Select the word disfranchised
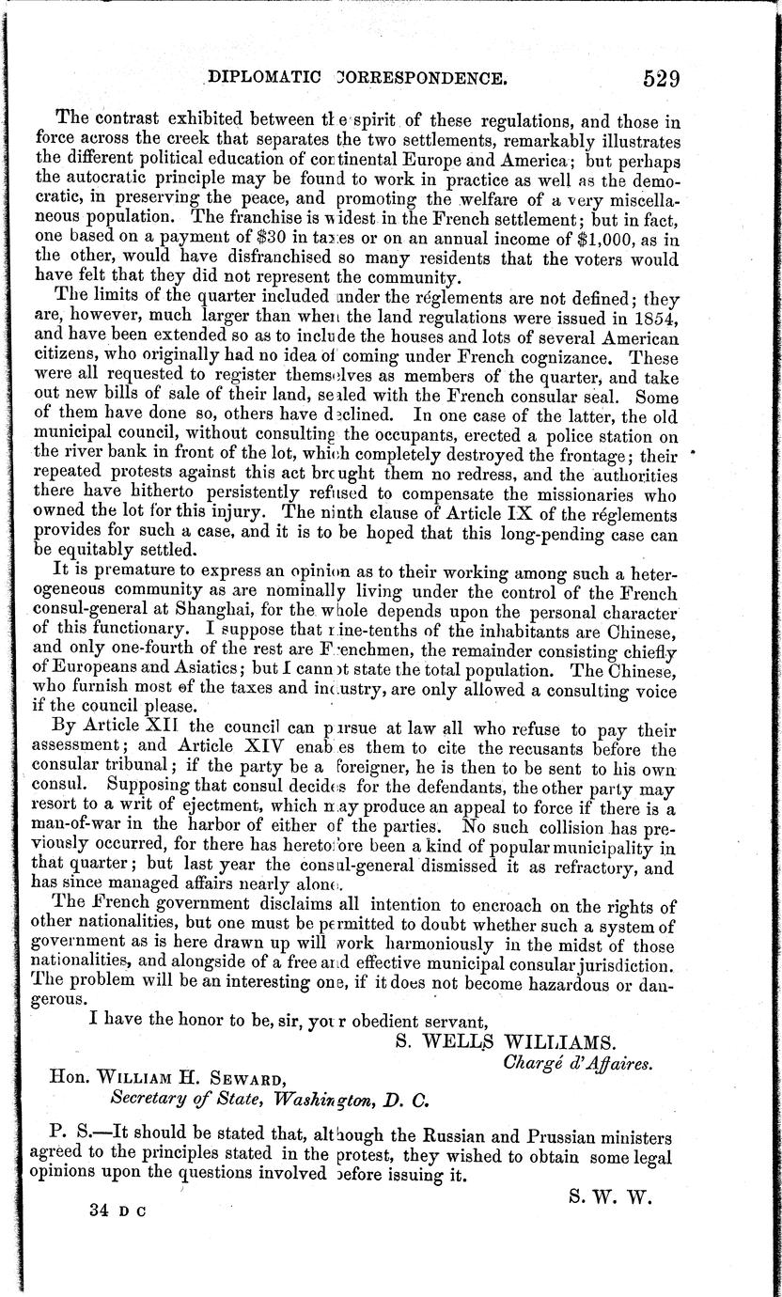click(270, 258)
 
